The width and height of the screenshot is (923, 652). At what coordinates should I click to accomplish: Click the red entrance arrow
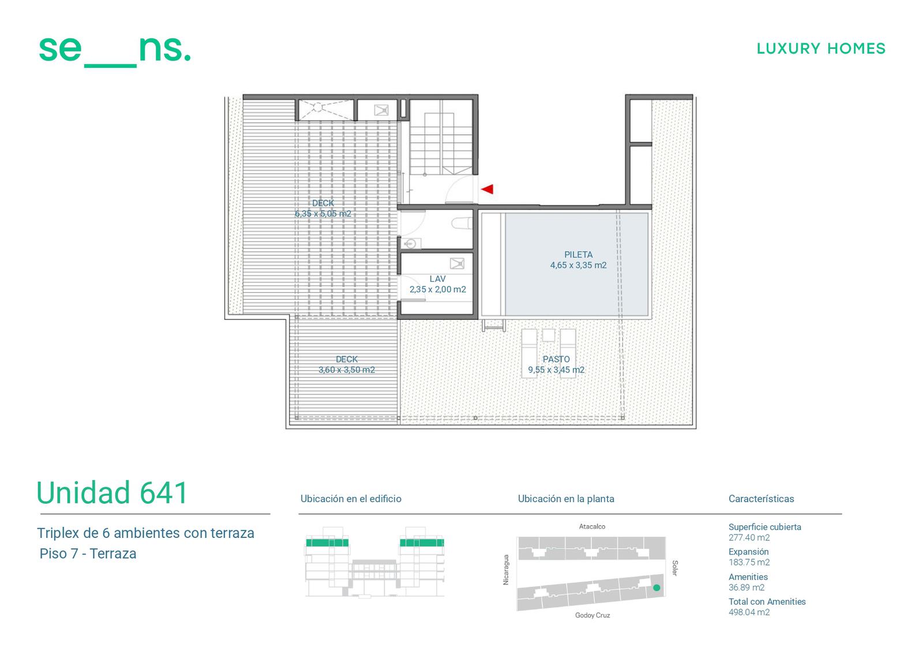click(x=487, y=189)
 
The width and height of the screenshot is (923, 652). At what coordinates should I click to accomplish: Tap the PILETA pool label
click(x=578, y=255)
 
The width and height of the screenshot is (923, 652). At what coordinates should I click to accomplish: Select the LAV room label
click(x=437, y=279)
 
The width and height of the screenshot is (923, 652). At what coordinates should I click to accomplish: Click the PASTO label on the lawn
click(x=556, y=359)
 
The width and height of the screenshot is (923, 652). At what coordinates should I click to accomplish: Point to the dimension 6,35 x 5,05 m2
click(x=323, y=214)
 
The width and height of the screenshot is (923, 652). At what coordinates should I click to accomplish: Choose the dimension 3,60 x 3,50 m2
click(x=347, y=370)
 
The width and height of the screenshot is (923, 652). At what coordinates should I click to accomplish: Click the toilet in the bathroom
click(x=461, y=223)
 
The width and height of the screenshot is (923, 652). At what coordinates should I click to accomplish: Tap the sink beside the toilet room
click(x=411, y=243)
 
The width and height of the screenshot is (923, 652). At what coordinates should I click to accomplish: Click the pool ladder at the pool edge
click(x=494, y=325)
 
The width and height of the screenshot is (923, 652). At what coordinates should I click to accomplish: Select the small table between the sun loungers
click(x=548, y=335)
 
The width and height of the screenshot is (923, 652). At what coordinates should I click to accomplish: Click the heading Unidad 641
click(x=112, y=493)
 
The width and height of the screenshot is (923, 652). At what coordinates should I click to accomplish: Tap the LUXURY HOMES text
click(x=821, y=48)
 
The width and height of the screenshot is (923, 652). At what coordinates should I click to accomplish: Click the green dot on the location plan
click(x=657, y=588)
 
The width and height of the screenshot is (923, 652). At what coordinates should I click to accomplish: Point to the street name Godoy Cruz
click(x=592, y=615)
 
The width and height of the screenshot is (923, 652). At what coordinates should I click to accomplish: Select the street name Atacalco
click(x=592, y=526)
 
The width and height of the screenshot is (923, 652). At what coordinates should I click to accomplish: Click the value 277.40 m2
click(x=749, y=537)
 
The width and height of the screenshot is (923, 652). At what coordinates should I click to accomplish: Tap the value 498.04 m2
click(x=749, y=612)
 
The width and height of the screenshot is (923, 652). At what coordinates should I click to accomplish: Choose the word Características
click(x=761, y=499)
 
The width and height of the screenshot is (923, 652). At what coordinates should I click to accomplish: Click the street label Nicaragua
click(x=506, y=570)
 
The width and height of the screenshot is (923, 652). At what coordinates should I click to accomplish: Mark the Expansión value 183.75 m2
click(x=749, y=562)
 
